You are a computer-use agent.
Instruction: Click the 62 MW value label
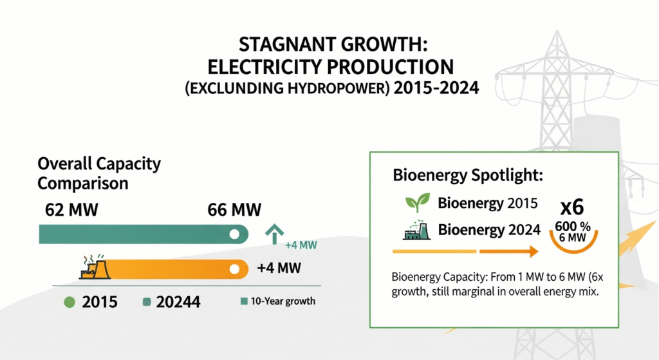tap(71, 210)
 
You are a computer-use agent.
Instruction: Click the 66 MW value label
tap(234, 210)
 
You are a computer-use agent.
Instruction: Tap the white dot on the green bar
tap(234, 234)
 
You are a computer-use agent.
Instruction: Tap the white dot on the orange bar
tap(234, 269)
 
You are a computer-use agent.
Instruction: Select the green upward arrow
tap(274, 234)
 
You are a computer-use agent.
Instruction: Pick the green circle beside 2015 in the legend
tap(70, 302)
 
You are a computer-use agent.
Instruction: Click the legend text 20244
tap(178, 302)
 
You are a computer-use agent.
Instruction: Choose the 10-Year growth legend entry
tap(278, 301)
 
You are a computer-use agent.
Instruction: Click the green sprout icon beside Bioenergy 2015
tap(417, 203)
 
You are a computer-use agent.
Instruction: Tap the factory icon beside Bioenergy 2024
tap(417, 230)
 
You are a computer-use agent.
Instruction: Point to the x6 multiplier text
tap(572, 207)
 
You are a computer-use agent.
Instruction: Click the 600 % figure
tap(572, 226)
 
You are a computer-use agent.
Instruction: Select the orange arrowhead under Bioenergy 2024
tap(534, 252)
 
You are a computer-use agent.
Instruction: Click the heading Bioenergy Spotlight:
tap(468, 175)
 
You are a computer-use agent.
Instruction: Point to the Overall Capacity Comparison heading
tap(99, 173)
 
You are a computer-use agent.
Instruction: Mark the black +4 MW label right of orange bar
tap(279, 268)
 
